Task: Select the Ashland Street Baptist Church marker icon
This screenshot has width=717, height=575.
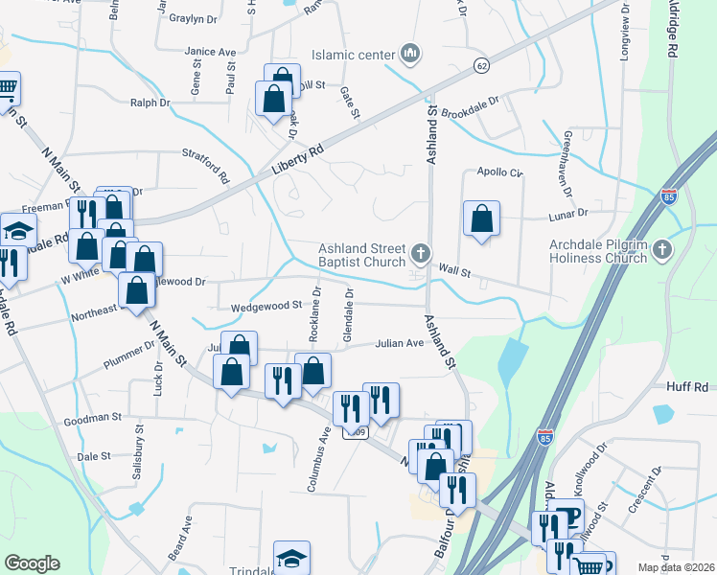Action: coord(420,253)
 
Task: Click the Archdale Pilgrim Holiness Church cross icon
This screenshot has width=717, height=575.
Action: coord(662,251)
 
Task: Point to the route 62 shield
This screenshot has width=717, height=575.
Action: coord(481,64)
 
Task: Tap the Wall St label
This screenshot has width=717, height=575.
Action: coord(455,272)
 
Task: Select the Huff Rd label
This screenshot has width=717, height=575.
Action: coord(686,386)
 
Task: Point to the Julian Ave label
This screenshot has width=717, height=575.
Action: coord(399,342)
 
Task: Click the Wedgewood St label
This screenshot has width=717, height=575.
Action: coord(266,306)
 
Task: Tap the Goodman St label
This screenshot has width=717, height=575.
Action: coord(92,419)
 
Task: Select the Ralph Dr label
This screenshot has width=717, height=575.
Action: coord(150,102)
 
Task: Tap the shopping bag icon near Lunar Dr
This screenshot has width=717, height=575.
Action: coord(481,218)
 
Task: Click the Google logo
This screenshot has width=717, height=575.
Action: coord(32,563)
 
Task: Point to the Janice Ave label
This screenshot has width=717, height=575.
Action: coord(211,52)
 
